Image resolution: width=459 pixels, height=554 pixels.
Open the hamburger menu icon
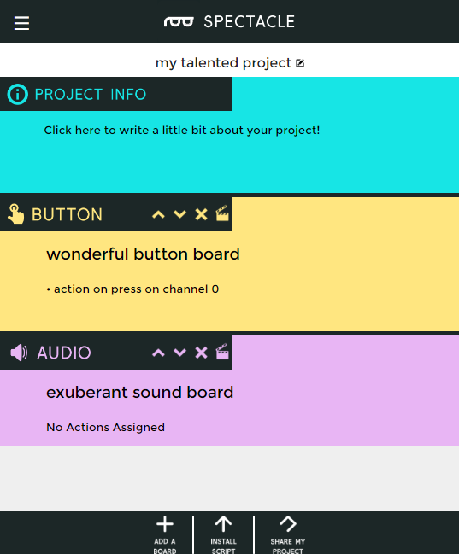click(21, 23)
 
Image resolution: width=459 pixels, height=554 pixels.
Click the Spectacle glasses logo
click(179, 22)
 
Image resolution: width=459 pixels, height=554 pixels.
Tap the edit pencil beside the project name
click(300, 63)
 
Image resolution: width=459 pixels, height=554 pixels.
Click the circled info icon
click(17, 95)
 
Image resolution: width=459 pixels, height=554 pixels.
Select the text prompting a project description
click(182, 131)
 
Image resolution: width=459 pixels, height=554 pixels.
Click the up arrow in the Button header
click(158, 214)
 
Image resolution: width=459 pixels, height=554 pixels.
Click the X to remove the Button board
click(202, 214)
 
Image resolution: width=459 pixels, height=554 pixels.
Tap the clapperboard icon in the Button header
click(222, 213)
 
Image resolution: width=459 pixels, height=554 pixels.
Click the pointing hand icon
click(16, 213)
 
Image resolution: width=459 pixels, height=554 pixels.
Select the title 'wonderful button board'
click(143, 254)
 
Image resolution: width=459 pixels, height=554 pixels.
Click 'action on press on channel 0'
click(136, 289)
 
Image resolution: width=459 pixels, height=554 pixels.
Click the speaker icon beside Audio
click(19, 353)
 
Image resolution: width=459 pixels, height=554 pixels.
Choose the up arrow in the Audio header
click(158, 353)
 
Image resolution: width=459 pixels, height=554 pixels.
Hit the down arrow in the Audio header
click(179, 353)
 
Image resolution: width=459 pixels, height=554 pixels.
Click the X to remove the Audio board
click(202, 353)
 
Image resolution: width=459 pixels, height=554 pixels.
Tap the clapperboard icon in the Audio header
click(222, 351)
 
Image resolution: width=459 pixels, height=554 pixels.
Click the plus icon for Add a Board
click(165, 524)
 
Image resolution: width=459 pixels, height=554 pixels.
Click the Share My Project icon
click(288, 523)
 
